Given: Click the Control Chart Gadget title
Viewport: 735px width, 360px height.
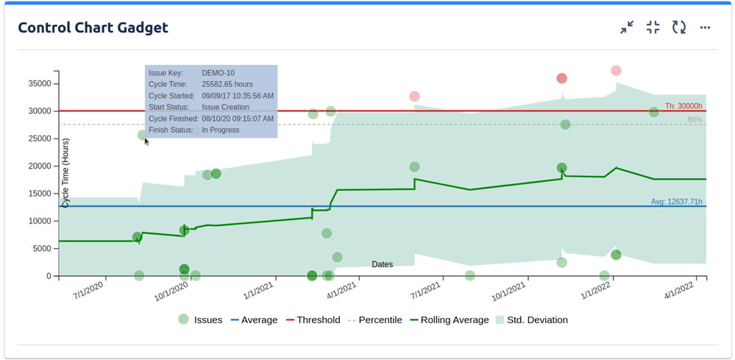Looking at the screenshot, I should click(x=93, y=28).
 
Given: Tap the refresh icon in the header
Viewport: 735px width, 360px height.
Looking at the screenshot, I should click(x=679, y=28).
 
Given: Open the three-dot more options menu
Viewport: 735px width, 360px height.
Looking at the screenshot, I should click(x=705, y=28).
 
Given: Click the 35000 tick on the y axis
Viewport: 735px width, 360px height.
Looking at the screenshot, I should click(x=39, y=83).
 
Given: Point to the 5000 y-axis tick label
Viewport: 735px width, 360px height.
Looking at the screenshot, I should click(x=41, y=249).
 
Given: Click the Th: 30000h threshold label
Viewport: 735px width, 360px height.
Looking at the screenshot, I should click(x=683, y=106).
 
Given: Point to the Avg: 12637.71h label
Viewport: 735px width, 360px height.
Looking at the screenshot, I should click(x=676, y=202).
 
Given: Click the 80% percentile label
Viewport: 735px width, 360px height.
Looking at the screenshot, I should click(x=695, y=119).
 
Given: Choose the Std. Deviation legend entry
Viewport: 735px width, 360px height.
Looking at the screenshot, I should click(x=531, y=320).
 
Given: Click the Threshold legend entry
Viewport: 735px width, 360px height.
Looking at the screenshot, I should click(x=313, y=320).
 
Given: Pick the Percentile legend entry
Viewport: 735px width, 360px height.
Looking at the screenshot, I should click(x=374, y=320).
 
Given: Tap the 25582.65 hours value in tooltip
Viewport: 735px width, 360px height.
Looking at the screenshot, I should click(x=227, y=85).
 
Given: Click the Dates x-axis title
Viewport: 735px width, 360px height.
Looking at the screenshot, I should click(x=382, y=264).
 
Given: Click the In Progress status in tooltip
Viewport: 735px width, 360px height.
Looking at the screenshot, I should click(x=220, y=130).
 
